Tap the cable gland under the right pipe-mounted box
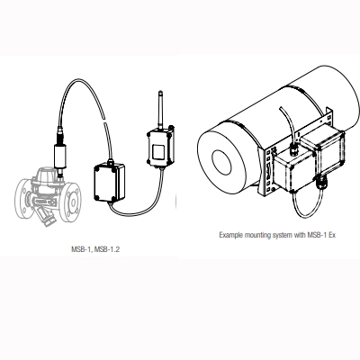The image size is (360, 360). [323, 190]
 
